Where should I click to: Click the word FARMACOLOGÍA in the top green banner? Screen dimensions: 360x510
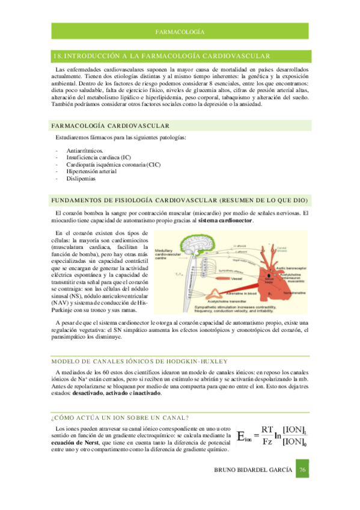[180, 31]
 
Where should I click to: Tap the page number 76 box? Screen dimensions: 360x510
[304, 470]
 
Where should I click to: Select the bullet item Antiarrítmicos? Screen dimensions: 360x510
[84, 151]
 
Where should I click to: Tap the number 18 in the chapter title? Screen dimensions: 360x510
[57, 56]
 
